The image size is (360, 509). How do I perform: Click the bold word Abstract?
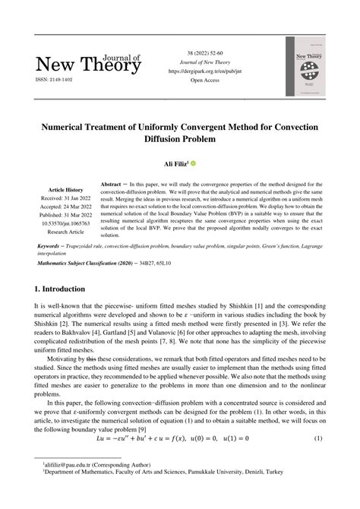click(112, 185)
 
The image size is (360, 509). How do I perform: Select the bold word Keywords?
click(54, 248)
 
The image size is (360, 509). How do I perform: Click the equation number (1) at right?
click(318, 438)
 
